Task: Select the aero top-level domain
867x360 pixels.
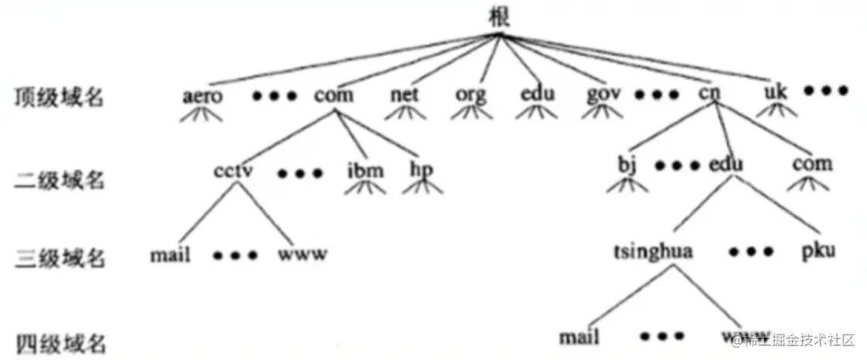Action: point(204,96)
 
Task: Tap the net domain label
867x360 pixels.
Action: point(404,95)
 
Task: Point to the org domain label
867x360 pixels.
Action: point(470,96)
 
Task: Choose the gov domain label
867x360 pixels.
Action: point(604,95)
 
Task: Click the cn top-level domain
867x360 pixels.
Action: point(709,95)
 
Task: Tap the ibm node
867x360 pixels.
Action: point(364,170)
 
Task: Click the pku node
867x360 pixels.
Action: point(819,252)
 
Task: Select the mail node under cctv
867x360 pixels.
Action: point(171,254)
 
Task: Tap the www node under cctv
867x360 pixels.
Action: point(302,254)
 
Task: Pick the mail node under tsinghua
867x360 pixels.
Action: point(579,338)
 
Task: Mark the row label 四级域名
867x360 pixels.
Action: point(59,342)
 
